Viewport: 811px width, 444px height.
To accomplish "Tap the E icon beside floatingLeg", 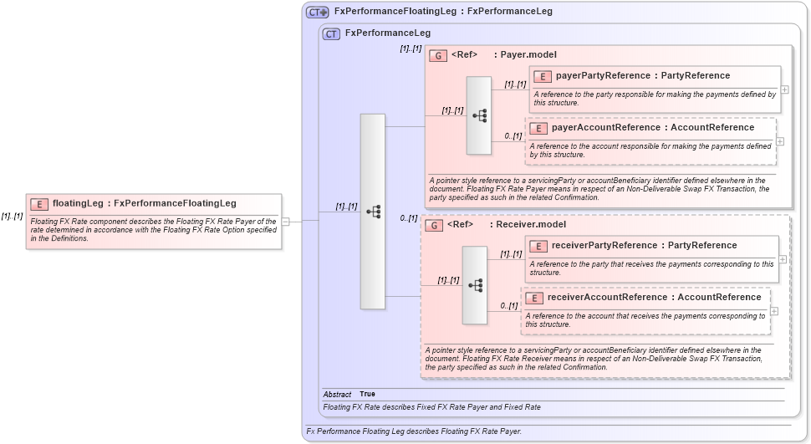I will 38,203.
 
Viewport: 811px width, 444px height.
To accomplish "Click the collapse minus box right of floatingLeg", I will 285,222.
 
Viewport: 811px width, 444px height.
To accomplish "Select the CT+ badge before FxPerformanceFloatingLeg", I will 317,12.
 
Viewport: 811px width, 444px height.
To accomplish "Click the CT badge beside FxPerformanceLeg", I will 331,33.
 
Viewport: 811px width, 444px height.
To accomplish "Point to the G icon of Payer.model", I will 437,55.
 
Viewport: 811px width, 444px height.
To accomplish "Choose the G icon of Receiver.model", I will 433,225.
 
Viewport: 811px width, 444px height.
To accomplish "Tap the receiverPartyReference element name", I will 603,246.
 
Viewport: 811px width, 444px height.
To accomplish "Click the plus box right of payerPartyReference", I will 785,89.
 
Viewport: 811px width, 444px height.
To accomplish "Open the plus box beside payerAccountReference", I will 780,140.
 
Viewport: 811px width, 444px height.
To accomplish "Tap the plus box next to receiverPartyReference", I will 783,259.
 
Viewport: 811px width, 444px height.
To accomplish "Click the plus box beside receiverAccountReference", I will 773,310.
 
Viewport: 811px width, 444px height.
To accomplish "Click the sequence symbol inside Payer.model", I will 479,115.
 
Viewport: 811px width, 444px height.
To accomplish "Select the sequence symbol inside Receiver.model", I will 475,285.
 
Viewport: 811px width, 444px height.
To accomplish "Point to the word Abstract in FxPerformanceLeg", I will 337,394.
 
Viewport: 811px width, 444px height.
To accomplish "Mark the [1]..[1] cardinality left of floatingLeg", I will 12,217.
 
